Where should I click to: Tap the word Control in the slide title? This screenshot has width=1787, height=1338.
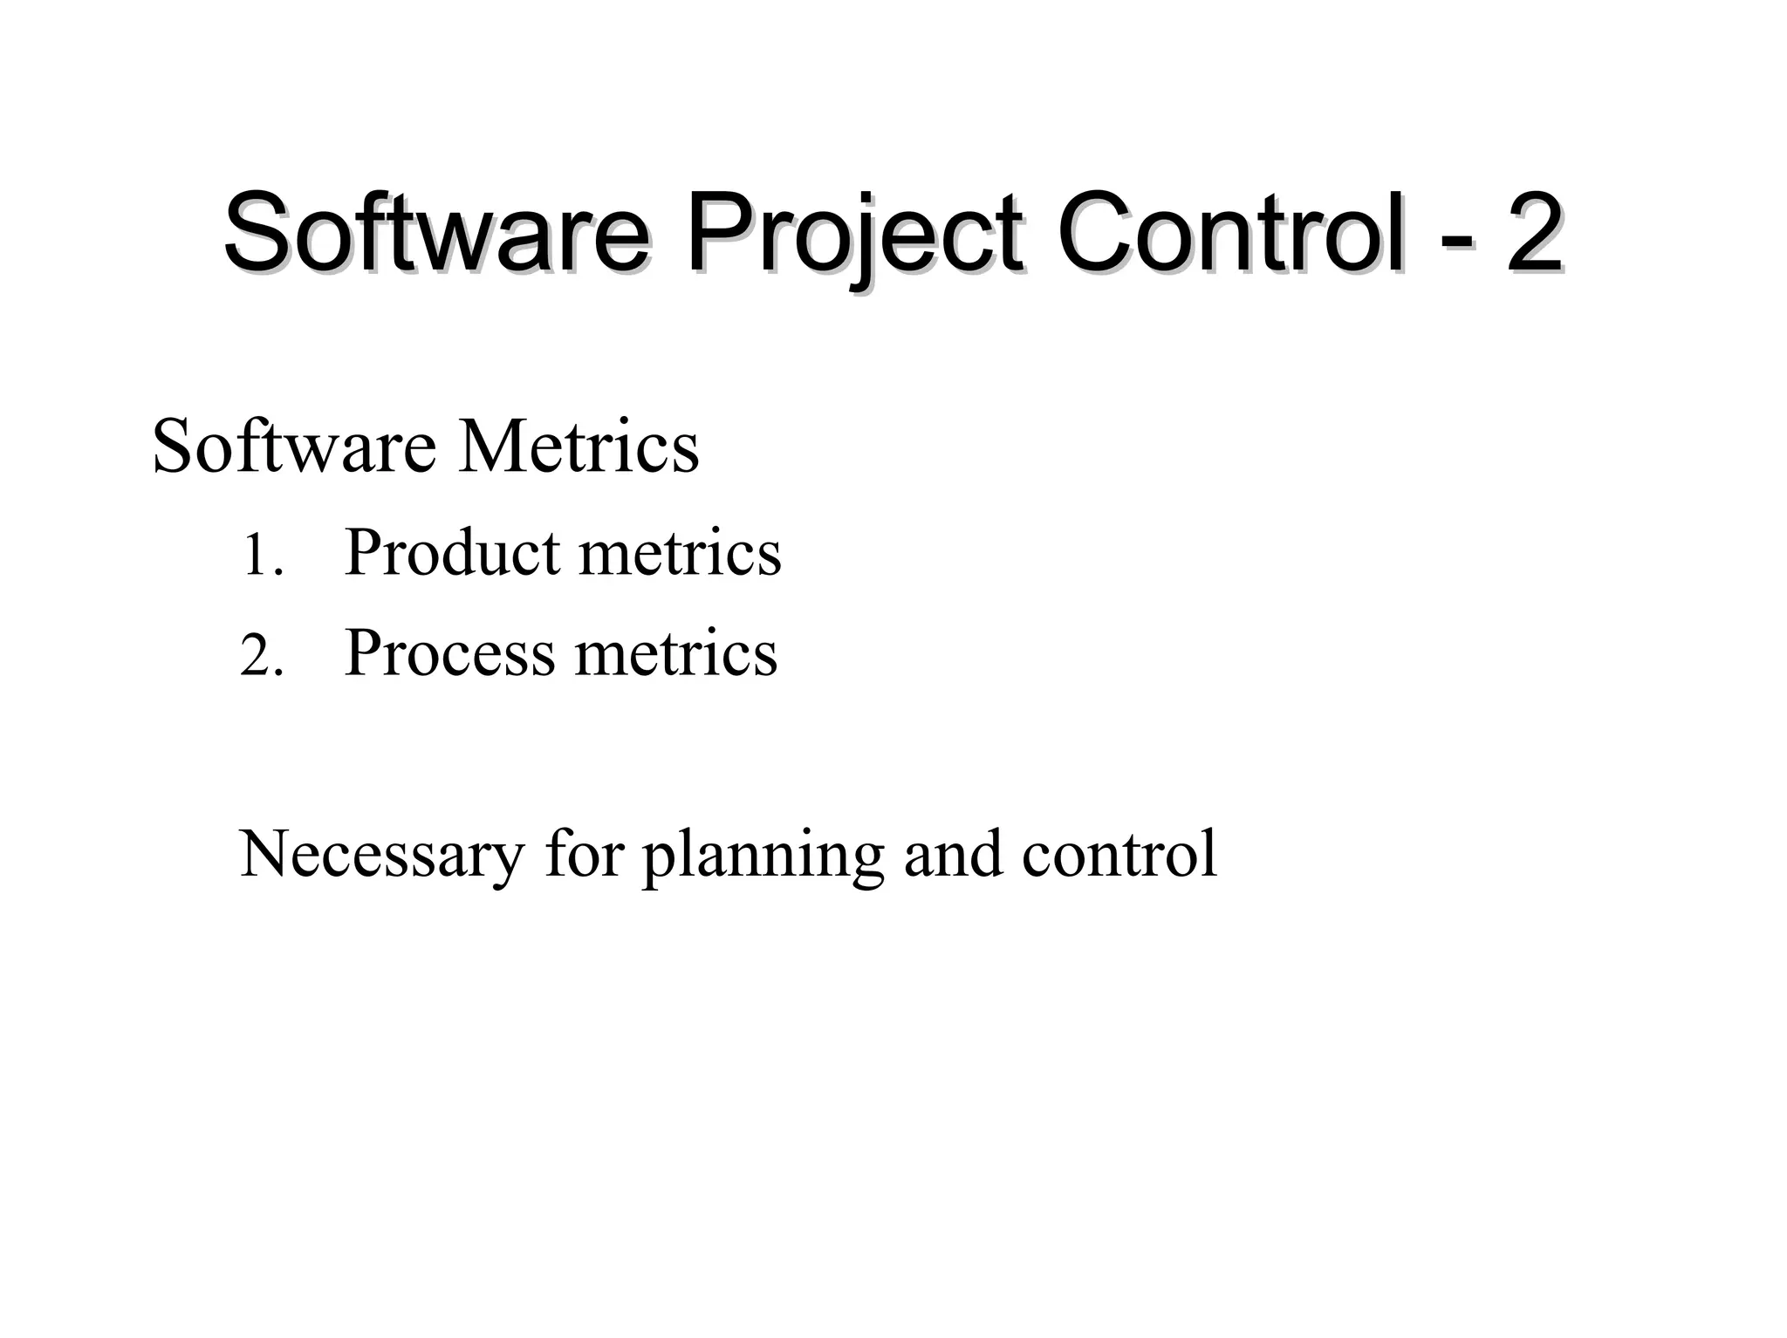[1231, 234]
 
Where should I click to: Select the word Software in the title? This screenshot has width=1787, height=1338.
[436, 234]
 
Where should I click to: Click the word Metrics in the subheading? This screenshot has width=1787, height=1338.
[579, 447]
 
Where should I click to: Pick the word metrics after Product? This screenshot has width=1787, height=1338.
[680, 554]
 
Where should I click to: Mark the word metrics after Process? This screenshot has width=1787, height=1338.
[676, 654]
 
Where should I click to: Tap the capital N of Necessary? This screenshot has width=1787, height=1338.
[261, 853]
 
